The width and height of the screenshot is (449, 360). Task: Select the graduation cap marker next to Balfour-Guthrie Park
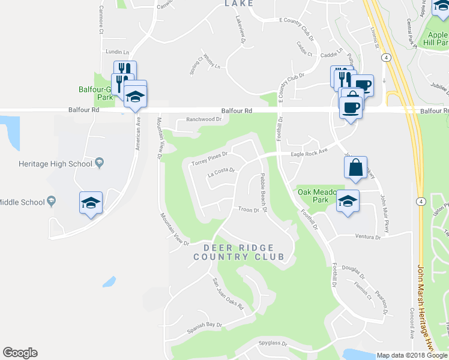pos(136,95)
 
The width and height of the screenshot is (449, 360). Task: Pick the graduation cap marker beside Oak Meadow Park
pos(348,201)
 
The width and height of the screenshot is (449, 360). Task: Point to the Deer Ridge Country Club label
pos(238,252)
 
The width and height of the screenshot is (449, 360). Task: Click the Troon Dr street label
pos(248,210)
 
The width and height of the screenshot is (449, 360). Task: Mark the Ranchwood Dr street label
pos(204,119)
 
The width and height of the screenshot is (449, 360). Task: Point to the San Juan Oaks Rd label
pos(228,293)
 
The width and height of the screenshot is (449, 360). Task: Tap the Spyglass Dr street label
pos(273,344)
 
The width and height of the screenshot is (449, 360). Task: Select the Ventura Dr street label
pos(368,237)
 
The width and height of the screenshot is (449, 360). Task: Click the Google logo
pos(20,353)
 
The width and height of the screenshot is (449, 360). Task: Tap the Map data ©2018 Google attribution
pos(412,355)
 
